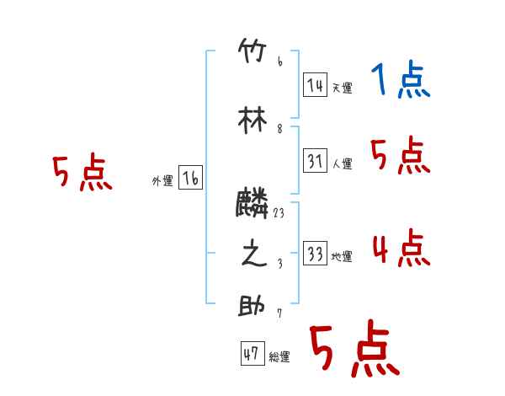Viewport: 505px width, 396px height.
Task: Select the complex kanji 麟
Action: (252, 203)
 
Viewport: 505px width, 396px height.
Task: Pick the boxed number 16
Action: (190, 178)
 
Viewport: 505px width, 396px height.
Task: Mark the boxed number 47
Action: (251, 355)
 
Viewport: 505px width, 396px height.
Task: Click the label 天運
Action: (342, 88)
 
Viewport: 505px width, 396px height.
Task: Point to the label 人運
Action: (342, 163)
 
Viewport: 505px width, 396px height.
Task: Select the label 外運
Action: (162, 180)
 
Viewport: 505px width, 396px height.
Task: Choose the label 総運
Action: (279, 357)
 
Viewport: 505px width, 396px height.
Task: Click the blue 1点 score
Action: (400, 81)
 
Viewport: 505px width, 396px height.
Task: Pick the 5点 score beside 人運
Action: (400, 156)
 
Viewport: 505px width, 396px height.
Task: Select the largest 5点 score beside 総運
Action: (353, 350)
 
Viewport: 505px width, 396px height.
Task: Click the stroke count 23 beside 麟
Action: (279, 214)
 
